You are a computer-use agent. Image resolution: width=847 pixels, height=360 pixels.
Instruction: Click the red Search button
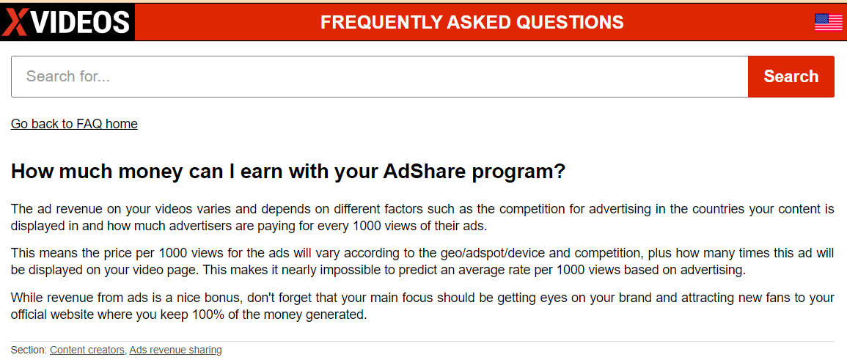(x=791, y=77)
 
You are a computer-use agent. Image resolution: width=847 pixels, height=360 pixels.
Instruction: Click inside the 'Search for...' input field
(x=379, y=77)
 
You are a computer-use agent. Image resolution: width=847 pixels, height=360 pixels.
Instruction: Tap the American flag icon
(x=828, y=22)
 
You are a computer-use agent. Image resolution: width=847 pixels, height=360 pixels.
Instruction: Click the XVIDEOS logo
(x=67, y=22)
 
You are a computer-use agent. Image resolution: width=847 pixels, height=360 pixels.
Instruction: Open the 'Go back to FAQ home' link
(x=74, y=124)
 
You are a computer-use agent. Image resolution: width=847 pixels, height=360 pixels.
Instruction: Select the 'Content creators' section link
(x=87, y=350)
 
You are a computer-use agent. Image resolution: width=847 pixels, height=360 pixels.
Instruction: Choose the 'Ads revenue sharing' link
(x=175, y=350)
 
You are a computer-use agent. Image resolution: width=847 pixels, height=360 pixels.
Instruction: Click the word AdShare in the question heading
(x=425, y=172)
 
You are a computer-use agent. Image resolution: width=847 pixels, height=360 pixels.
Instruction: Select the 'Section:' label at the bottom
(x=29, y=350)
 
